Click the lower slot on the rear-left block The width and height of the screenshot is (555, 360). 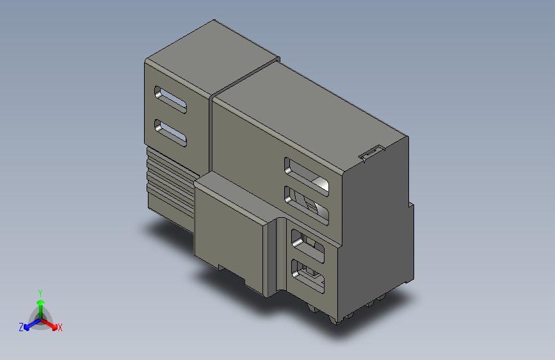coord(170,133)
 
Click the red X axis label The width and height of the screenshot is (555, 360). coord(60,328)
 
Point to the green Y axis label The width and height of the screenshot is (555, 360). coord(40,291)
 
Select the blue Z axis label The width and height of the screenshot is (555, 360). coord(21,327)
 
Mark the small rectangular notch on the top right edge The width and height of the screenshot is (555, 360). coord(370,153)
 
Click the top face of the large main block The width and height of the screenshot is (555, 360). coord(307,109)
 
